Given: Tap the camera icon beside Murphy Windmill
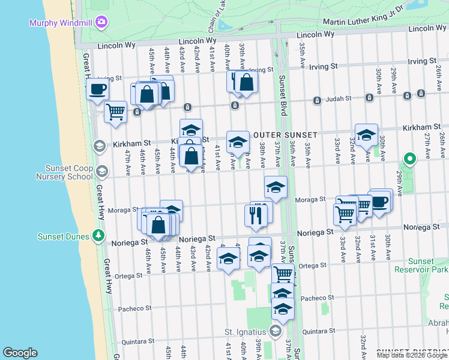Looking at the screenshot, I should pos(101,22).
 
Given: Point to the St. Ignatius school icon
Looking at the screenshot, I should pos(276,331).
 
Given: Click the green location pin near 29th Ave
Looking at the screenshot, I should pos(411,159).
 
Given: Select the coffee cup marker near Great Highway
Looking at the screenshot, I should pos(98,90).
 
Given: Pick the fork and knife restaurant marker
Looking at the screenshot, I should pos(256,215).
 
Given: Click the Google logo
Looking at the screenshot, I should pos(20,353).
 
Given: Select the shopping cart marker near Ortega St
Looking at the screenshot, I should pos(283,274).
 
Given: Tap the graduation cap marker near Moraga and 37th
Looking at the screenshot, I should pos(276,187).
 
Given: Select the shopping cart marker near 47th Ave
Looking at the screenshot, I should pos(115,112).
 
